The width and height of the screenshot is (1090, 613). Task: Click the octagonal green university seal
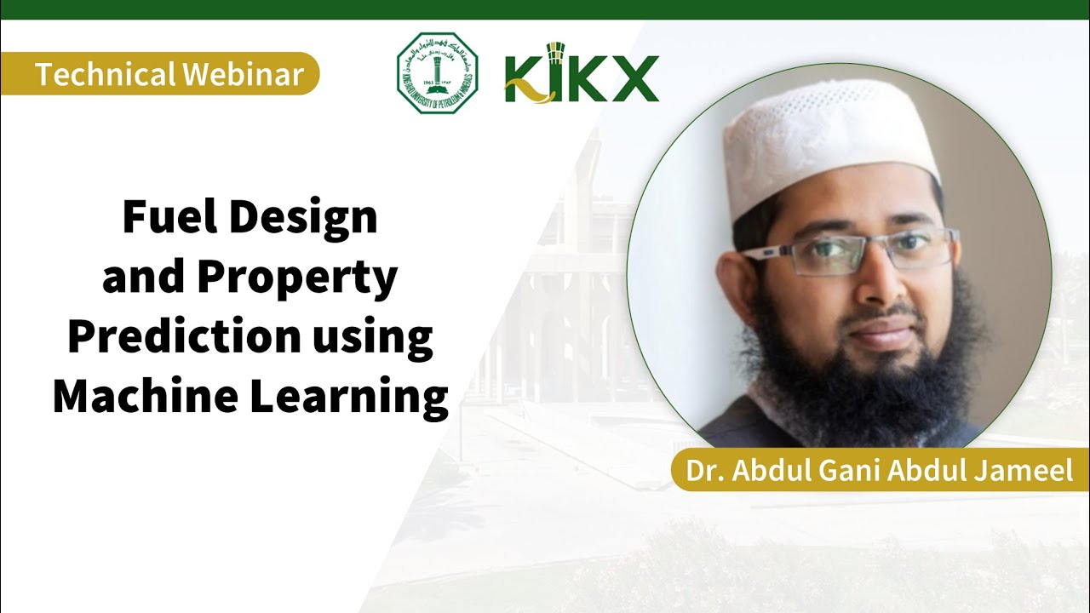[x=437, y=73]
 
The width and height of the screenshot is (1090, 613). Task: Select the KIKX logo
[x=582, y=77]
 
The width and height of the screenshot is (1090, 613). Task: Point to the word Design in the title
[x=301, y=218]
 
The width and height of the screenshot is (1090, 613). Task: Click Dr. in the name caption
[x=704, y=471]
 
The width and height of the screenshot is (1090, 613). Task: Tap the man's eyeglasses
[x=852, y=251]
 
